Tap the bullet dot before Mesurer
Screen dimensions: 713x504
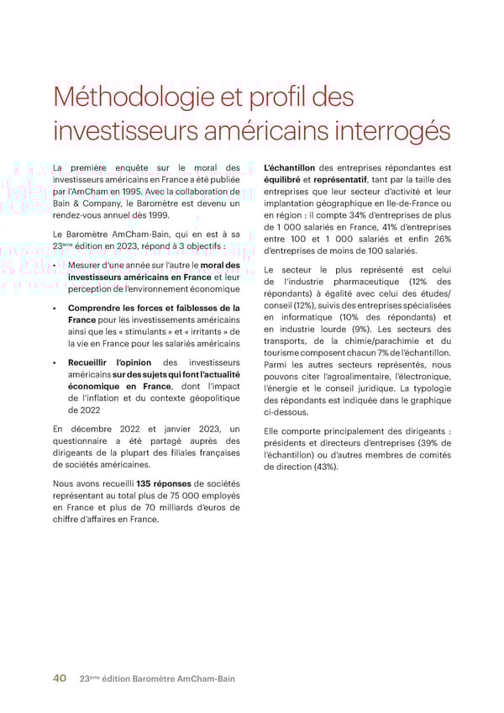(x=55, y=267)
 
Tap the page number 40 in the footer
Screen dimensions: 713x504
(x=60, y=679)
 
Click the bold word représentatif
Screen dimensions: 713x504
(x=342, y=180)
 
